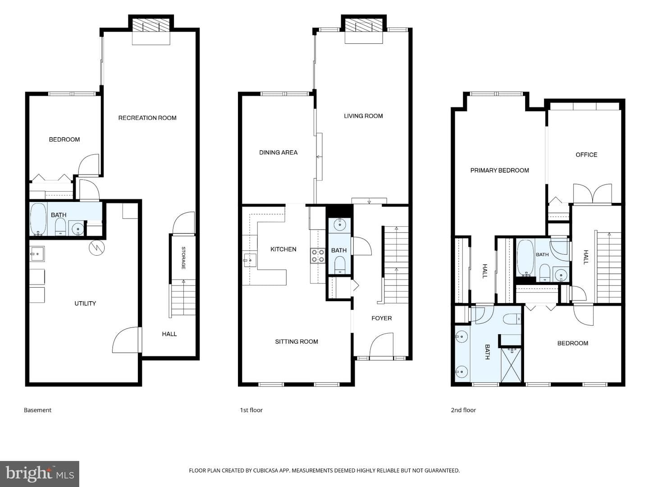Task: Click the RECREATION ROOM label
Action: tap(147, 118)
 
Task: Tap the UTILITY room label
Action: tap(85, 303)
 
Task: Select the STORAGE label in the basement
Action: tap(183, 258)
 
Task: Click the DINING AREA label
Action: tap(278, 152)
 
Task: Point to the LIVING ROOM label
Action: tap(363, 116)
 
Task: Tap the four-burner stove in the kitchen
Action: tap(318, 256)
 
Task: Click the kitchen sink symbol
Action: tap(250, 260)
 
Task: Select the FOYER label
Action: tap(381, 318)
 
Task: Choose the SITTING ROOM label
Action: tap(297, 342)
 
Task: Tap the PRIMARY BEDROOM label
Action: tap(499, 170)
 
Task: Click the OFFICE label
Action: tap(586, 155)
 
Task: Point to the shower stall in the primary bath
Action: tap(511, 365)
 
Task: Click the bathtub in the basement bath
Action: tap(38, 219)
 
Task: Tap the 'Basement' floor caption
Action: tap(37, 410)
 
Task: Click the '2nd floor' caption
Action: tap(463, 410)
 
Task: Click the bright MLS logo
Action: tap(39, 474)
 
